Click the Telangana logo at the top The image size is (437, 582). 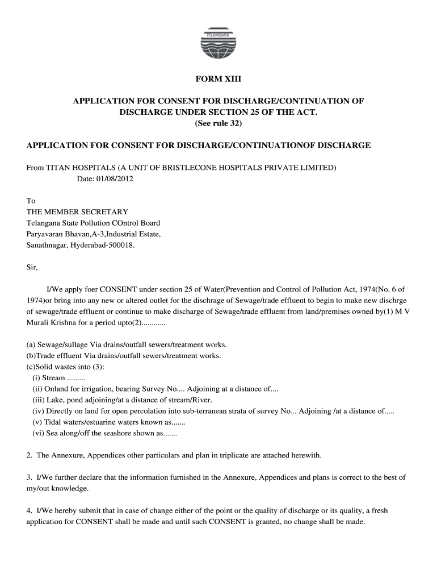pyautogui.click(x=218, y=43)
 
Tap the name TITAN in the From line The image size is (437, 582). pyautogui.click(x=57, y=168)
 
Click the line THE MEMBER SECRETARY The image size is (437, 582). pyautogui.click(x=77, y=212)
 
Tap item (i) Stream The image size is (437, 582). pyautogui.click(x=54, y=378)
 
